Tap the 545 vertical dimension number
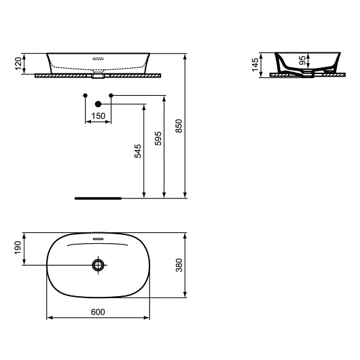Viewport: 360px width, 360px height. pyautogui.click(x=138, y=151)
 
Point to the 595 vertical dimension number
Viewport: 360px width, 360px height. pyautogui.click(x=158, y=139)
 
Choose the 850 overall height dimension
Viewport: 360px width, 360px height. pyautogui.click(x=179, y=126)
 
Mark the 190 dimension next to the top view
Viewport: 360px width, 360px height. pyautogui.click(x=18, y=248)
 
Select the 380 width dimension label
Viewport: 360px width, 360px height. pyautogui.click(x=179, y=264)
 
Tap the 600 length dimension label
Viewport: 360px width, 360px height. pyautogui.click(x=98, y=312)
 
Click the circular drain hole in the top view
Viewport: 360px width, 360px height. pyautogui.click(x=98, y=265)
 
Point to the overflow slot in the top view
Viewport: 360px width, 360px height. pyautogui.click(x=98, y=240)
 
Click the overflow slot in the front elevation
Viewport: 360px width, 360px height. pyautogui.click(x=98, y=58)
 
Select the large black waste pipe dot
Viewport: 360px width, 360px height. pyautogui.click(x=98, y=104)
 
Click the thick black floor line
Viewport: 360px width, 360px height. pyautogui.click(x=98, y=198)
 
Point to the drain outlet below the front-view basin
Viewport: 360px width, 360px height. pyautogui.click(x=98, y=75)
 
